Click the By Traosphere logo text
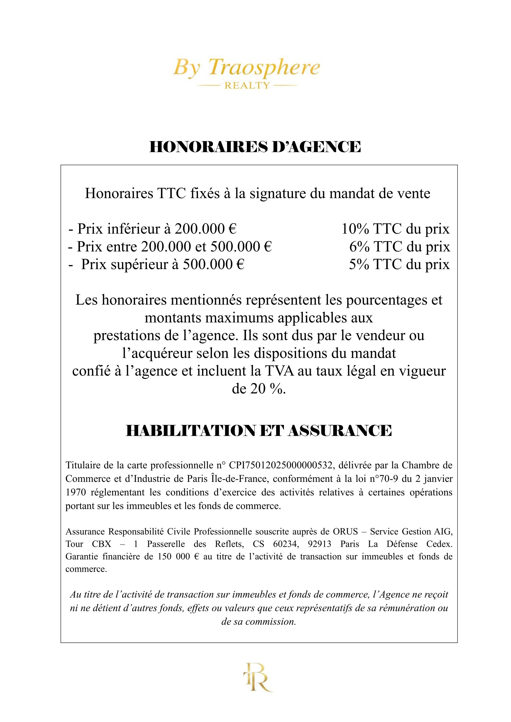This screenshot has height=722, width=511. pos(246,67)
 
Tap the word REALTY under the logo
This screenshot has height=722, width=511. pos(247,86)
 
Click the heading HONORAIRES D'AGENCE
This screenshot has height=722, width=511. pos(255,147)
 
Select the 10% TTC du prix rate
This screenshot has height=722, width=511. pos(395,229)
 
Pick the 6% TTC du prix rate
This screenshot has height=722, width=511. pos(399,247)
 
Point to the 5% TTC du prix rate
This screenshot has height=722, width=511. pos(399,265)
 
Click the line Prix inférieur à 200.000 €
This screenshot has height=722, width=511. pos(152,229)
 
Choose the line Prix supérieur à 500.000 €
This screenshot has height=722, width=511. pos(156,265)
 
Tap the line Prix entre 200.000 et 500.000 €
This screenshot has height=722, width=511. pos(170,247)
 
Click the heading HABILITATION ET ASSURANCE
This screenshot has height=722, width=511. pos(259,431)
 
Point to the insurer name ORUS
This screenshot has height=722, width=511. pos(345,532)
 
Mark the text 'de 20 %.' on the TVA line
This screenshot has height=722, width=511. pos(259,389)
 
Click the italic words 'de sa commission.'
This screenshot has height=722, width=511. pos(259,622)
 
